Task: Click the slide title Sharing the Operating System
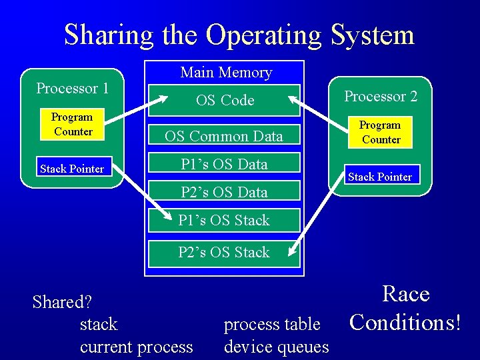point(239,35)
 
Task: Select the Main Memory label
point(226,72)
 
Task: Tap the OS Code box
point(225,100)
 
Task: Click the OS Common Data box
point(224,136)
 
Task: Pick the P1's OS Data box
point(224,164)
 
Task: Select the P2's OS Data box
point(224,192)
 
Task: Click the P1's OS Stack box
point(224,220)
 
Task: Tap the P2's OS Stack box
point(224,252)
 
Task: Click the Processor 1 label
point(72,88)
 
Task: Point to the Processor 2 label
point(381,96)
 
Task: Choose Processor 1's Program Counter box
point(73,124)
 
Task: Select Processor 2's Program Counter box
point(380,132)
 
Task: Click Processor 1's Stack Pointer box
point(72,169)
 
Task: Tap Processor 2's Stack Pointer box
point(380,177)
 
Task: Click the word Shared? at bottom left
point(62,302)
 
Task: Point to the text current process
point(136,347)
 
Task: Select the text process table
point(272,325)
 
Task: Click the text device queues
point(277,347)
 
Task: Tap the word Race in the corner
point(405,294)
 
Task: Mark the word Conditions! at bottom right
point(405,322)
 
